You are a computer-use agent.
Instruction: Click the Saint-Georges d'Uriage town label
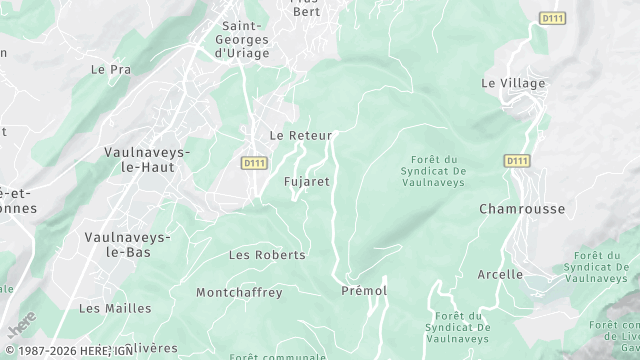243,40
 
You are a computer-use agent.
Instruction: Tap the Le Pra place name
111,69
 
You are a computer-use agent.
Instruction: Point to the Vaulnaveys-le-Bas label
128,244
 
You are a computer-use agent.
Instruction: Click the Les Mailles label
115,308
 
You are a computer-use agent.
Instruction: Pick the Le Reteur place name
300,135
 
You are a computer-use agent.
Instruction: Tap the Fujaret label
307,182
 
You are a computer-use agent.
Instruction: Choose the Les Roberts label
267,255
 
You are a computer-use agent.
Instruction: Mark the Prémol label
364,291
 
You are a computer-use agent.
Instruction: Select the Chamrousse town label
522,209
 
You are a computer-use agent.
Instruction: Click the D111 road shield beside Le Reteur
253,161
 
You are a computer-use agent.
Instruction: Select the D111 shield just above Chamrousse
517,160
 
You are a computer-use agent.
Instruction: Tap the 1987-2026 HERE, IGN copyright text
67,351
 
